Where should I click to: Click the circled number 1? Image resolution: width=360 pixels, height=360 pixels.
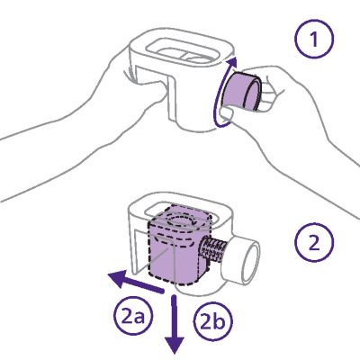(314, 40)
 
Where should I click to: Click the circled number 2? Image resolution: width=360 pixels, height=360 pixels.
(314, 242)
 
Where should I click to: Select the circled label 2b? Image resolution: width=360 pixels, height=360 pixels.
(213, 322)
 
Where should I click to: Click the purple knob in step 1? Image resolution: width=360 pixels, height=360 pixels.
(242, 92)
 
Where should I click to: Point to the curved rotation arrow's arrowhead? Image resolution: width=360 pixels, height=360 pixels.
(231, 64)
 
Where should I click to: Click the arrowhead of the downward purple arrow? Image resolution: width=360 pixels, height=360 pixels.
(175, 345)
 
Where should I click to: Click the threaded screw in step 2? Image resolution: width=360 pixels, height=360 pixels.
(212, 248)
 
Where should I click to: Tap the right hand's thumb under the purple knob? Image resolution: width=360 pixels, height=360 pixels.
(226, 115)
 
